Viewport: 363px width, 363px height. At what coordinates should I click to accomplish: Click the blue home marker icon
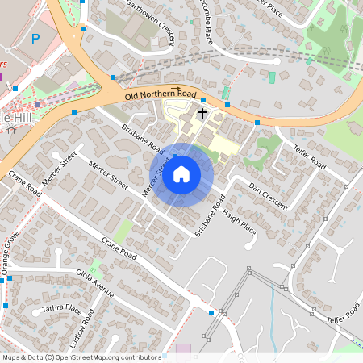(x=181, y=174)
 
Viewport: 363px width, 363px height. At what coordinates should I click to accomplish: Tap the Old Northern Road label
(x=161, y=95)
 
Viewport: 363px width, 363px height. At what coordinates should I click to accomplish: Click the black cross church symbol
(x=202, y=115)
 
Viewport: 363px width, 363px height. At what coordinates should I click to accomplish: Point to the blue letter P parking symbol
(x=35, y=38)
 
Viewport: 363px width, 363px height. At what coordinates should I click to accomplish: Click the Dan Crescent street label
(x=268, y=196)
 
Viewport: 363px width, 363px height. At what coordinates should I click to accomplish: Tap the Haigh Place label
(x=240, y=223)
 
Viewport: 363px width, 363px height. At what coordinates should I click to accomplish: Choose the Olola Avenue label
(x=95, y=283)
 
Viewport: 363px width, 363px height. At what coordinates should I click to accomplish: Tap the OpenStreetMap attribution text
(x=81, y=357)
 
